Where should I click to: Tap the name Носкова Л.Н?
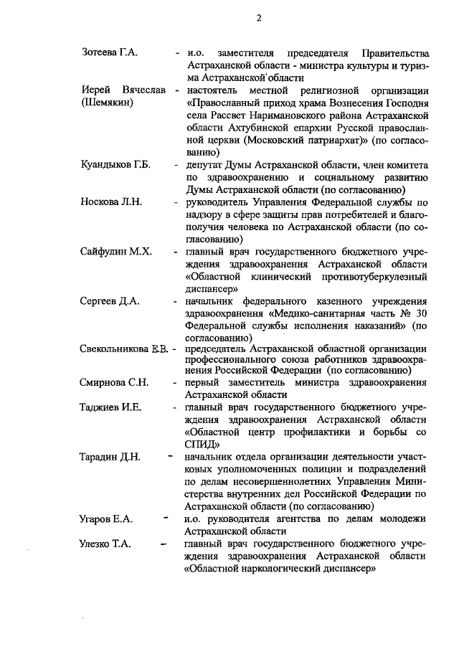111,202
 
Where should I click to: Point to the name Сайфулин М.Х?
115,252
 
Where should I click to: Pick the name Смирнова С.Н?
114,382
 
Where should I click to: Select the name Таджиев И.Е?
110,407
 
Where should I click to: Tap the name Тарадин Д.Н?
110,456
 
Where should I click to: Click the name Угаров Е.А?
106,518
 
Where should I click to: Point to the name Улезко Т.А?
105,543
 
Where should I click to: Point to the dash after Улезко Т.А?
166,543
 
